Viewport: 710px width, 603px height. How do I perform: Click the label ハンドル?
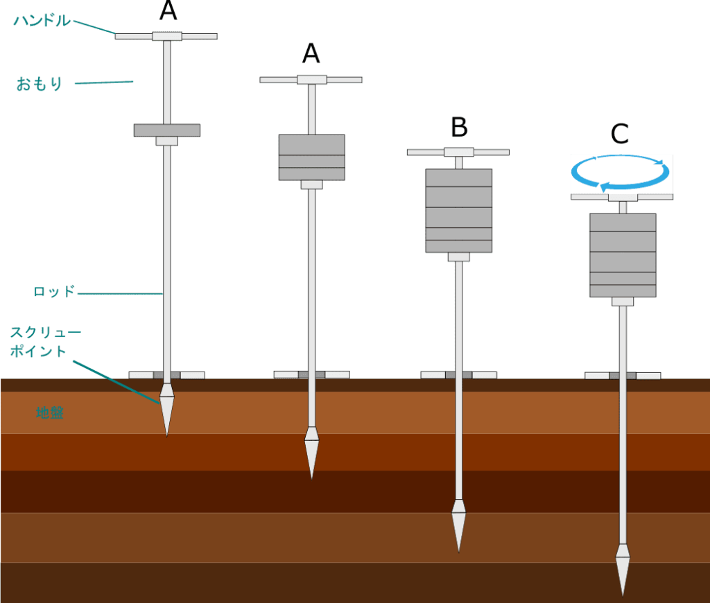42,21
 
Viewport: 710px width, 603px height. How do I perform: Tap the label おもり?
40,85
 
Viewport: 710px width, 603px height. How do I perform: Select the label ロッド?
53,292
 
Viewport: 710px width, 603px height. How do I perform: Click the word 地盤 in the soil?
50,413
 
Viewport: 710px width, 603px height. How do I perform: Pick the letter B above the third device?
459,128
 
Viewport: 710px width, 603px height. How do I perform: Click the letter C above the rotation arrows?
620,134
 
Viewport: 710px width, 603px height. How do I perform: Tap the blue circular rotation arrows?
621,173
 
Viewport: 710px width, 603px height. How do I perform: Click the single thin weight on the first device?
166,130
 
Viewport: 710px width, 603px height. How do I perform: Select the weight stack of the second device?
311,157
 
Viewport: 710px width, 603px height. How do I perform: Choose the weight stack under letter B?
458,211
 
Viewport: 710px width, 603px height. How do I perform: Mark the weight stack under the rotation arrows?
622,255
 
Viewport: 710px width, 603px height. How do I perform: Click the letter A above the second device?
311,53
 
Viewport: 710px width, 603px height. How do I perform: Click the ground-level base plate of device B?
458,375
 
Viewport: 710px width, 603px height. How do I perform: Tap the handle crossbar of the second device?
311,80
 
